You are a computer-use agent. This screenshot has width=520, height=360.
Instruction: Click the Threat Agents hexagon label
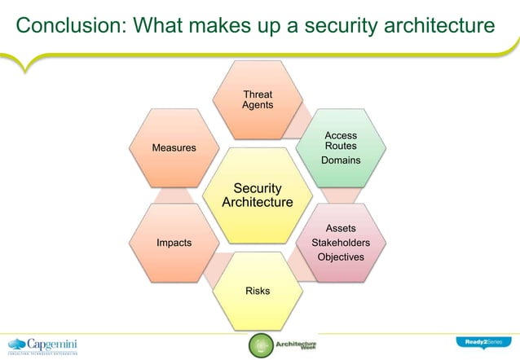click(x=258, y=100)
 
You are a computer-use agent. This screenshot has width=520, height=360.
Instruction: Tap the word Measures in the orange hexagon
click(x=174, y=147)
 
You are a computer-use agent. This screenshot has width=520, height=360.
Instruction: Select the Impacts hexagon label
click(x=174, y=243)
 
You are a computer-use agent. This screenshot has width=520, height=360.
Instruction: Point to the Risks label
click(x=258, y=291)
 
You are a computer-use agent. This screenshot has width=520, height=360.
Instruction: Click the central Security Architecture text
click(x=258, y=195)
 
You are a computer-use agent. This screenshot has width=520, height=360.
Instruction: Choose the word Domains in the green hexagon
click(x=341, y=160)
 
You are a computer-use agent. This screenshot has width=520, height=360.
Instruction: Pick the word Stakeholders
click(x=341, y=243)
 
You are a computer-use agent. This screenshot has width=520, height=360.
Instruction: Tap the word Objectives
click(x=341, y=257)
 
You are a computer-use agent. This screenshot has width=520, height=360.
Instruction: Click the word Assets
click(x=341, y=229)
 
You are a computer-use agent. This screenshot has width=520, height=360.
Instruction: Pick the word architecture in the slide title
click(x=431, y=27)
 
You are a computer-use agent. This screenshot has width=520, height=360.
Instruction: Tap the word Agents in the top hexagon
click(x=258, y=106)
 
